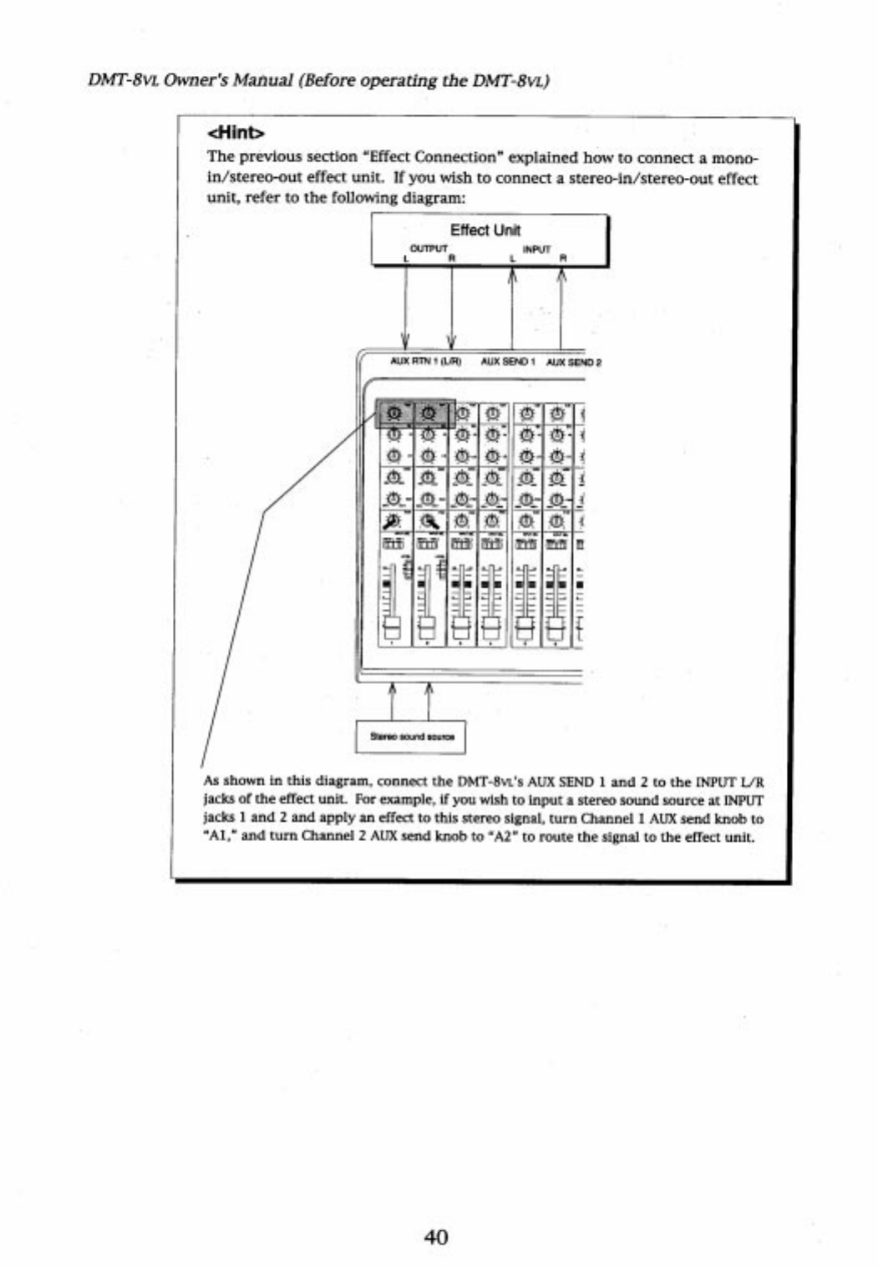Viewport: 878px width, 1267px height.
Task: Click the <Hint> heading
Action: point(236,132)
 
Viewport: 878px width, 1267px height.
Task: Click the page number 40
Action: point(436,1236)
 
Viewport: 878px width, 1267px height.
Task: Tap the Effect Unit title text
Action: point(485,230)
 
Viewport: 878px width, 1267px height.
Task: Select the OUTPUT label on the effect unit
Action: point(429,248)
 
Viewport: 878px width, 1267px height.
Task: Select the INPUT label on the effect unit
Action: point(535,248)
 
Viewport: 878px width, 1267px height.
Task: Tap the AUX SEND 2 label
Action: point(574,362)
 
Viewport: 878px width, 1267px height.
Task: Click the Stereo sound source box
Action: point(411,737)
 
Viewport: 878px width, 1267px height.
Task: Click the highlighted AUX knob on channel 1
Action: point(395,412)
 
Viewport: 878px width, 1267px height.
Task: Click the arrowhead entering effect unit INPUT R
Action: point(561,281)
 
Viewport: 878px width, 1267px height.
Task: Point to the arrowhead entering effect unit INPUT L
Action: point(512,281)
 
